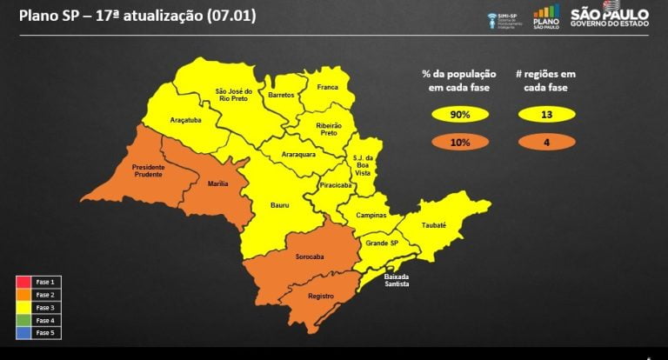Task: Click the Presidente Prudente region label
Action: [x=154, y=170]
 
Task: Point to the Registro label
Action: [x=321, y=297]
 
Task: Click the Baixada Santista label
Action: [x=396, y=280]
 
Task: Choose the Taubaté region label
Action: [x=433, y=225]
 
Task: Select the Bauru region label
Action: [x=280, y=206]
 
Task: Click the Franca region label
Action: [x=328, y=87]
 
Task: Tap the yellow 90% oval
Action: [x=460, y=115]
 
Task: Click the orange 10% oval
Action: [x=460, y=143]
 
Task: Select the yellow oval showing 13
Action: [x=546, y=115]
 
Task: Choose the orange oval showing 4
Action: [x=546, y=143]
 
